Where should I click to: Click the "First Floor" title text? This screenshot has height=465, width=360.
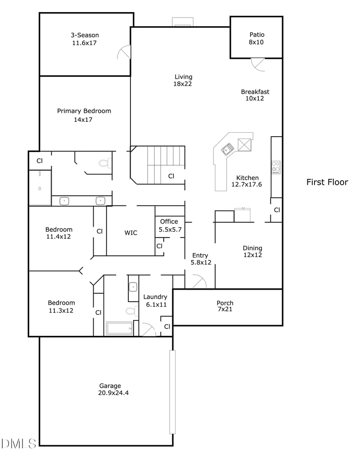[x=327, y=182]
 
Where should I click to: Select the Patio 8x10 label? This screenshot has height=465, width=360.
[x=256, y=38]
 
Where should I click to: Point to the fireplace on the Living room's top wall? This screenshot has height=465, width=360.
[x=183, y=22]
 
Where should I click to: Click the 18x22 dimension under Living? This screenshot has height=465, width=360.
[x=183, y=84]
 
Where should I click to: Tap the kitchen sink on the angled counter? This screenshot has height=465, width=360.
[x=227, y=148]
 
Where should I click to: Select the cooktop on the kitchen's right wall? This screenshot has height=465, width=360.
[x=276, y=167]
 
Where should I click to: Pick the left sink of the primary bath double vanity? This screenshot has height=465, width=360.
[x=64, y=201]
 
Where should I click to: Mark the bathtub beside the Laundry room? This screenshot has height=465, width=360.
[x=119, y=328]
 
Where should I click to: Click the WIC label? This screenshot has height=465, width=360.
[x=131, y=232]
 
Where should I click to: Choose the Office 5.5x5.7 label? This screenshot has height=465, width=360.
[x=169, y=225]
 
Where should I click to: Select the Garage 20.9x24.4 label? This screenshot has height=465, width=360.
[x=110, y=389]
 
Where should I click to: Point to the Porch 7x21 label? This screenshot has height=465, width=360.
[x=225, y=306]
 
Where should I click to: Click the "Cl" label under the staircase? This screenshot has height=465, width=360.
[x=171, y=176]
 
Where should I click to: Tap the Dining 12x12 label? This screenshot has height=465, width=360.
[x=252, y=251]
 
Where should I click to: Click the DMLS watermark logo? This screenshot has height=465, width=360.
[x=18, y=444]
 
